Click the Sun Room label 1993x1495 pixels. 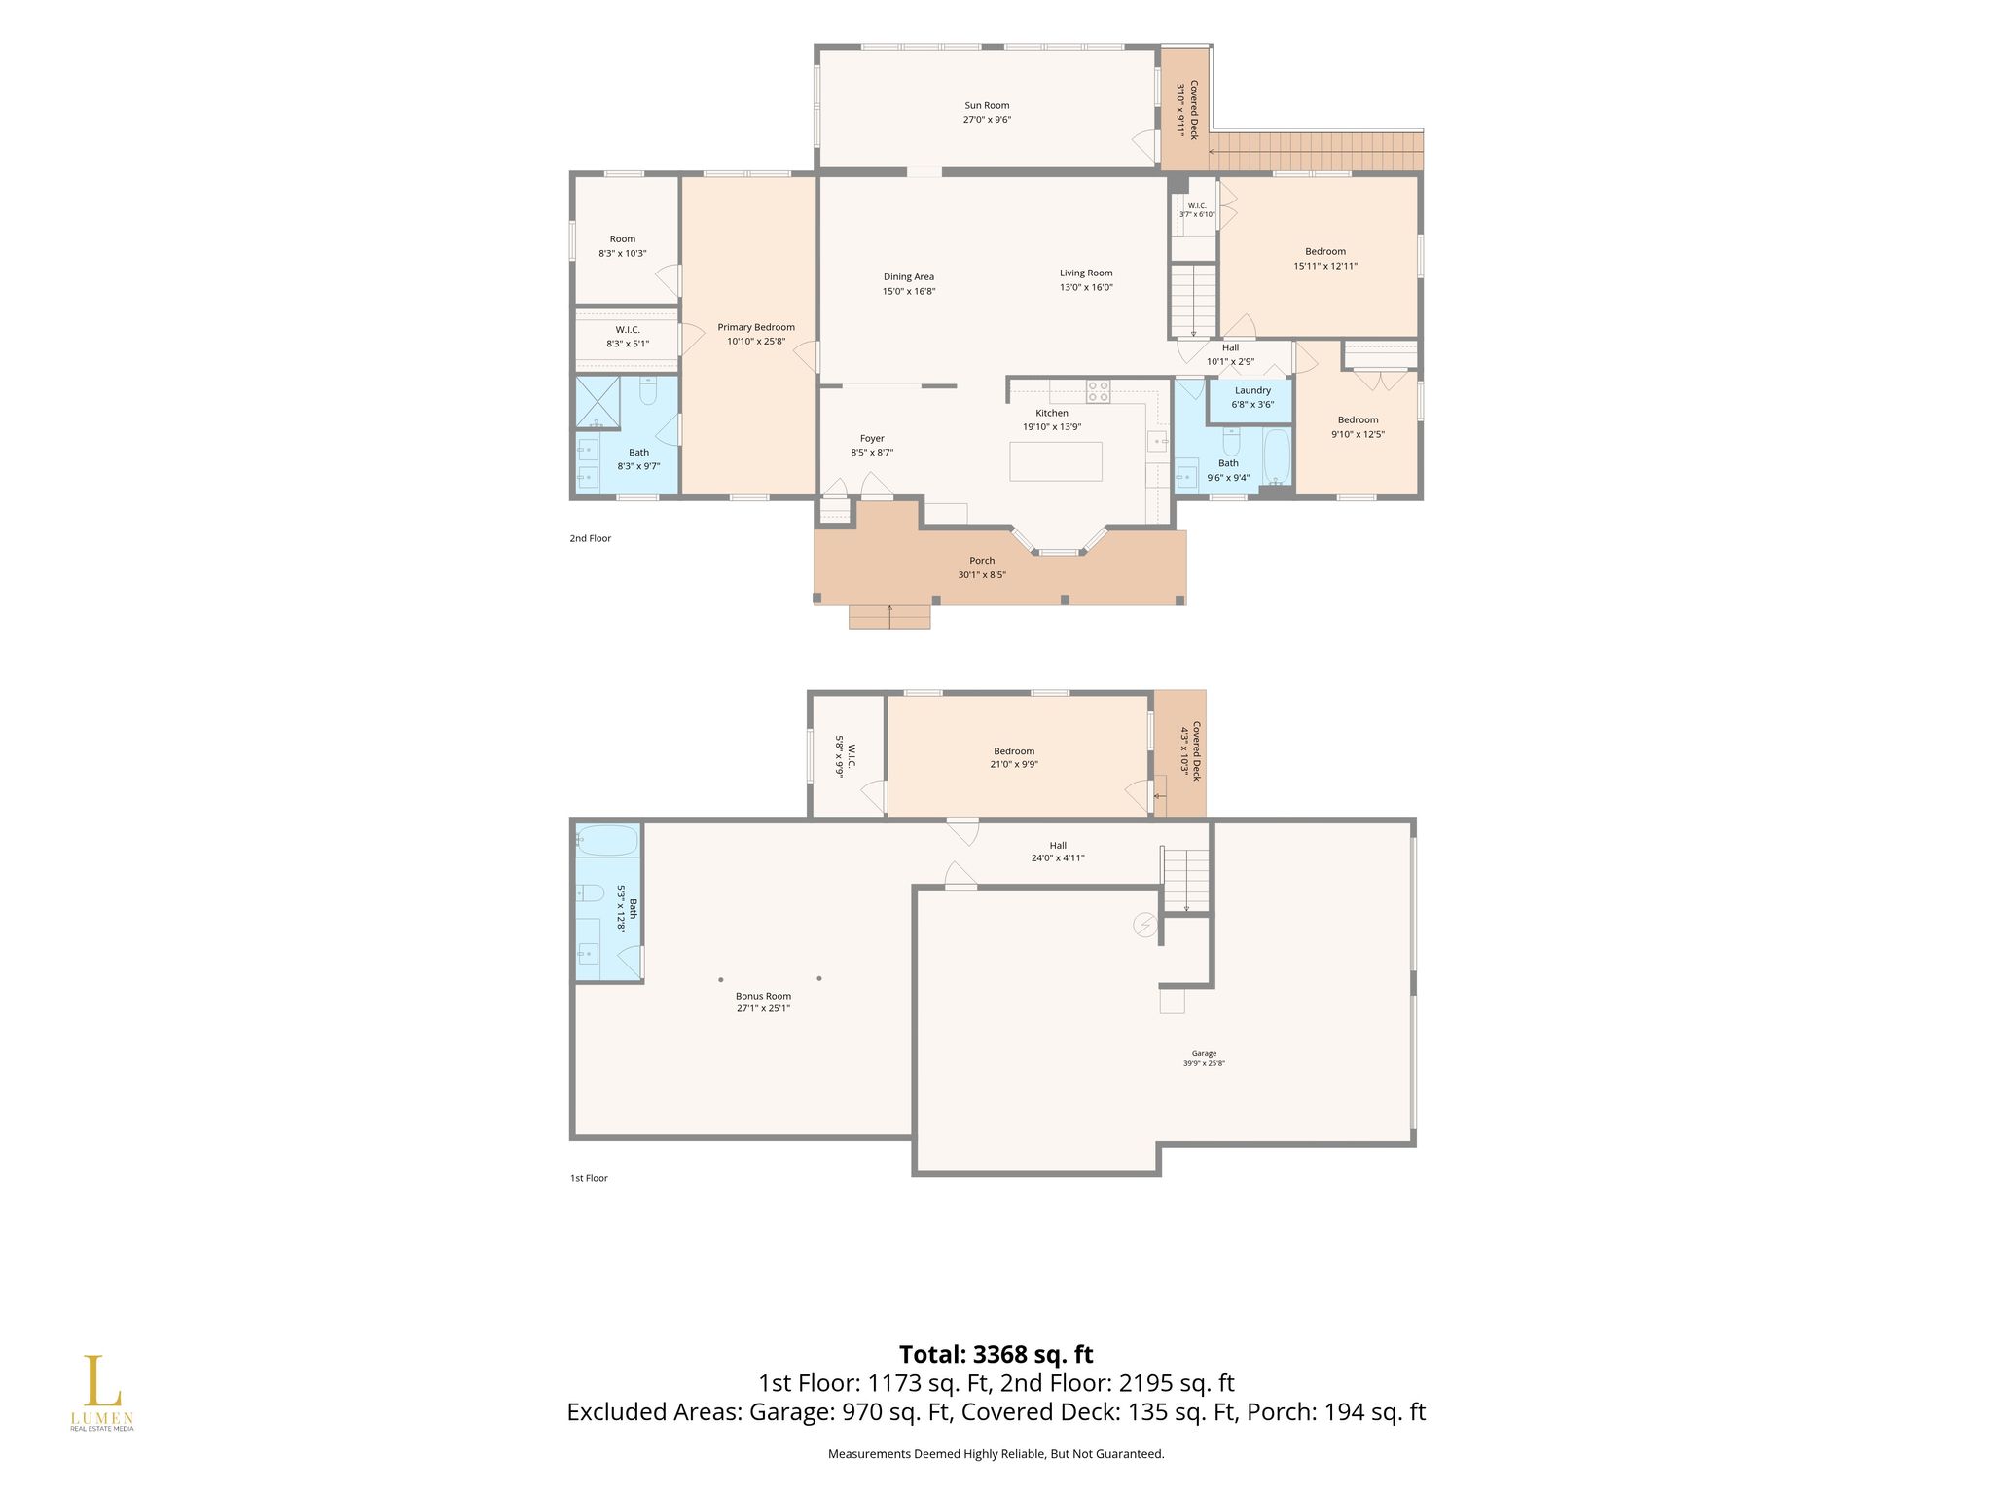pyautogui.click(x=987, y=105)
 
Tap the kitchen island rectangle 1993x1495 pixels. pyautogui.click(x=1056, y=461)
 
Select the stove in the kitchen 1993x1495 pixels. pyautogui.click(x=1099, y=391)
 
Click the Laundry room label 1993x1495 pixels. pyautogui.click(x=1252, y=390)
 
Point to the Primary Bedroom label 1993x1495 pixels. pyautogui.click(x=756, y=327)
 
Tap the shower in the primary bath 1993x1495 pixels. pyautogui.click(x=598, y=402)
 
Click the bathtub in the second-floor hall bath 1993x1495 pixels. pyautogui.click(x=1276, y=456)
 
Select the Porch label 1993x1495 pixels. pyautogui.click(x=982, y=560)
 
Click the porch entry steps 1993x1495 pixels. pyautogui.click(x=889, y=616)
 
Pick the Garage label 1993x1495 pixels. pyautogui.click(x=1204, y=1053)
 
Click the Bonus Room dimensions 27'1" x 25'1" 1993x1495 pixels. pyautogui.click(x=763, y=1009)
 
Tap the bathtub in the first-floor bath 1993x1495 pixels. pyautogui.click(x=606, y=840)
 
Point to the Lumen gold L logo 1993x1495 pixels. pyautogui.click(x=101, y=1382)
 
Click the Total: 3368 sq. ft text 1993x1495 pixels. pyautogui.click(x=996, y=1354)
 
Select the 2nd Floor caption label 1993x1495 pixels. pyautogui.click(x=591, y=538)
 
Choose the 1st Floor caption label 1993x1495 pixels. pyautogui.click(x=589, y=1178)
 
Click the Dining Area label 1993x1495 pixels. pyautogui.click(x=909, y=276)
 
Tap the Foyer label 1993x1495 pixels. pyautogui.click(x=872, y=438)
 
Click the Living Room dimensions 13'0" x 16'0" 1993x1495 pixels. pyautogui.click(x=1086, y=287)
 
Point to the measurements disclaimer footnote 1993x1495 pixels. pyautogui.click(x=996, y=1454)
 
